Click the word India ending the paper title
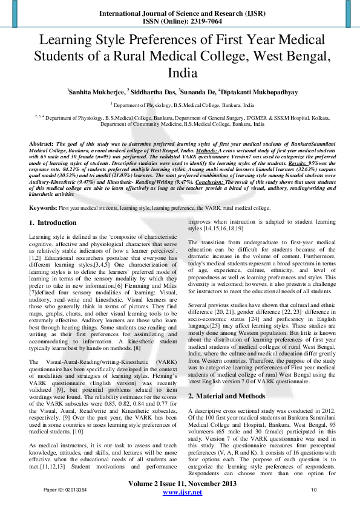click(x=180, y=73)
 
